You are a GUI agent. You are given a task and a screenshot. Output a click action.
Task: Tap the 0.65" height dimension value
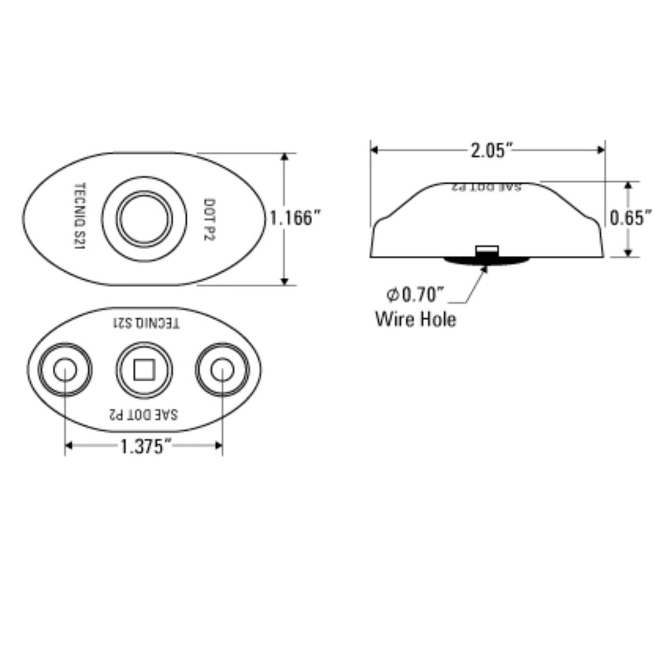631,218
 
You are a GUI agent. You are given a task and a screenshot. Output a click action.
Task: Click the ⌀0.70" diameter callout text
415,295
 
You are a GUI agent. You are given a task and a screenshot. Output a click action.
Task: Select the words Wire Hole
416,319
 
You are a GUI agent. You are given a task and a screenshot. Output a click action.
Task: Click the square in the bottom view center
144,370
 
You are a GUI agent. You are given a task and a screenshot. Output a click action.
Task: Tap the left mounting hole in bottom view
65,370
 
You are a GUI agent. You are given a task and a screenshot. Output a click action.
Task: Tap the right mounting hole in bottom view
223,370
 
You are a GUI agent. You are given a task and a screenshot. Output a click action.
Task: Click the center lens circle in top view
144,219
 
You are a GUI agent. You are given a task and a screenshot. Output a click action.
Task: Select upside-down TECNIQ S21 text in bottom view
146,323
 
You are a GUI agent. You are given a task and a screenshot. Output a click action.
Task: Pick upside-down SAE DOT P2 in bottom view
144,413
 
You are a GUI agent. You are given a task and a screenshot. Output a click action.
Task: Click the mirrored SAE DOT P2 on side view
486,187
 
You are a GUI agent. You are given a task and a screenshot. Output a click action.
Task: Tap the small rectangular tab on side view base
487,250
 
